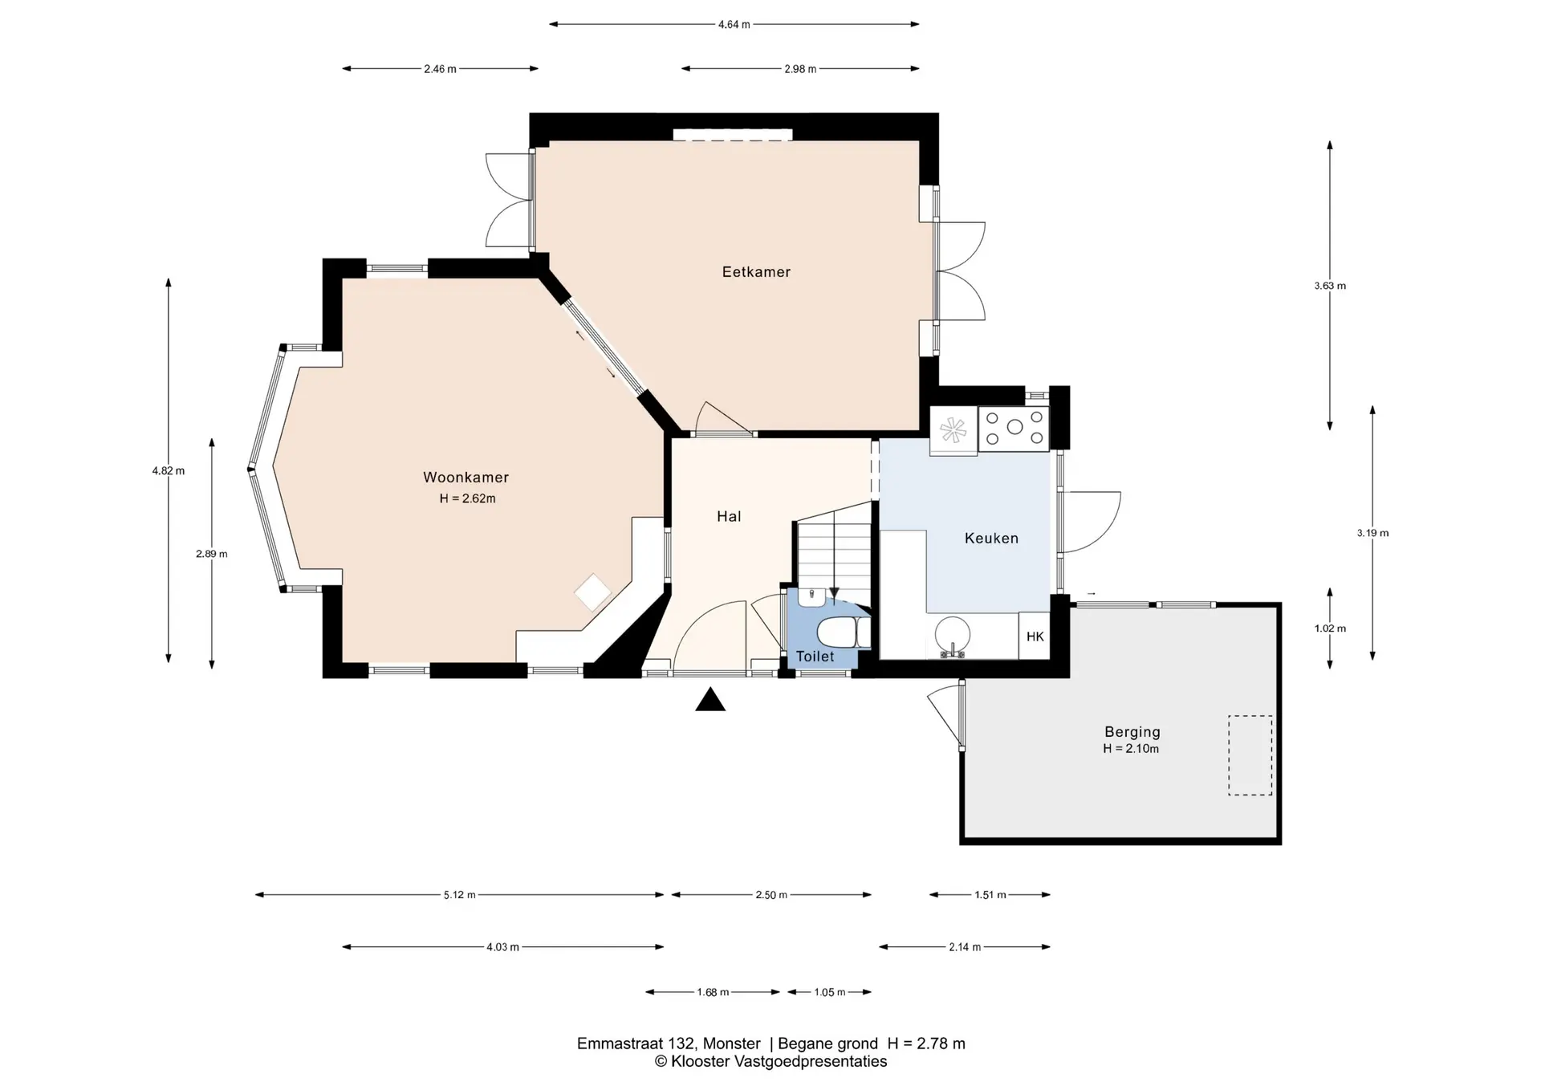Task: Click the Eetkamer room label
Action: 756,272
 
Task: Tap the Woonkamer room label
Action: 466,478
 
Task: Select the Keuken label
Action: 991,539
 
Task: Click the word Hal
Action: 729,516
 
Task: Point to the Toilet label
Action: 815,657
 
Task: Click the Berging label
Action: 1132,731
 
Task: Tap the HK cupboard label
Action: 1035,637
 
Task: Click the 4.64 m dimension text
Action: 734,25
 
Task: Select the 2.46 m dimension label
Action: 441,69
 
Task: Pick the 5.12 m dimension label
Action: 460,895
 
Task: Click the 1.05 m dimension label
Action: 830,992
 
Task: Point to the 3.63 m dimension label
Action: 1330,286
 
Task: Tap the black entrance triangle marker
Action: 710,701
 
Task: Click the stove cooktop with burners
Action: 1014,428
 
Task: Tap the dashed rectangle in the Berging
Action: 1250,755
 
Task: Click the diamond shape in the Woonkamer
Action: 593,593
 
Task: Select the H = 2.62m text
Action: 467,498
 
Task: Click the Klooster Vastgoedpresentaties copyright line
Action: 770,1061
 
